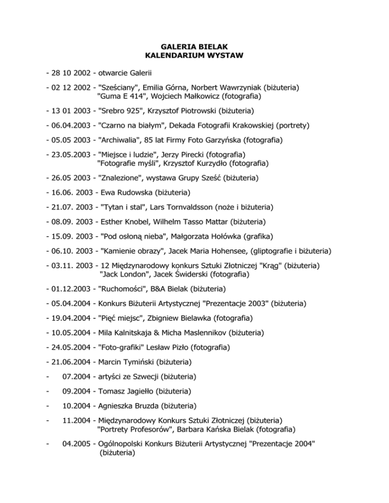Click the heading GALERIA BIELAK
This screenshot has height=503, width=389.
tap(194, 45)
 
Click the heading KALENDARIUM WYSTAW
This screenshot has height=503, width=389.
tap(194, 54)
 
